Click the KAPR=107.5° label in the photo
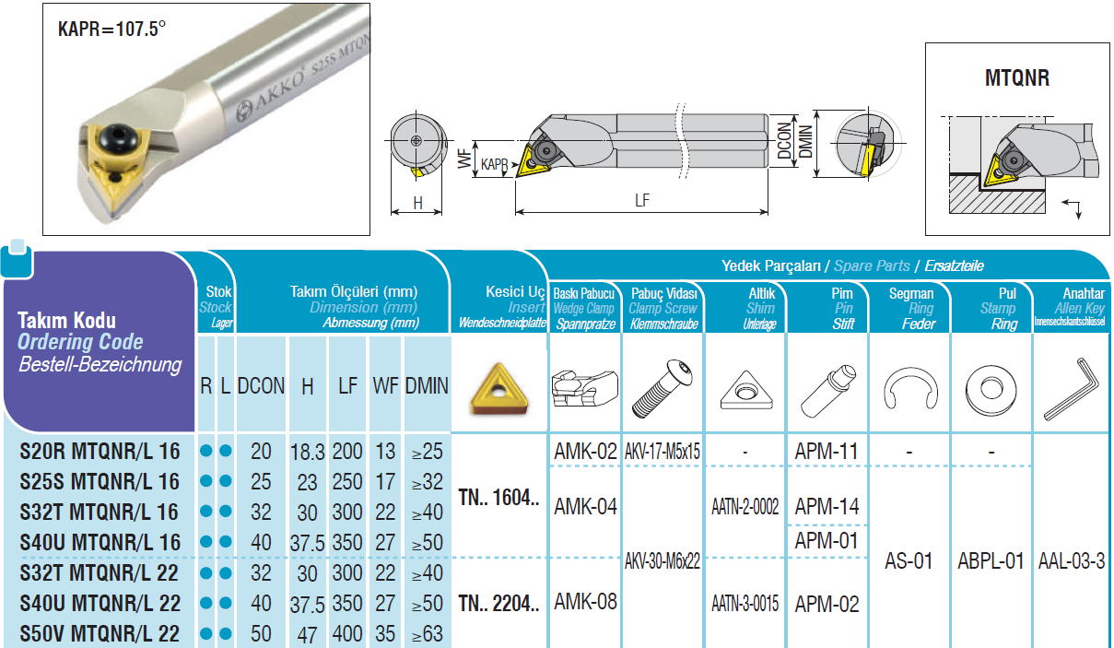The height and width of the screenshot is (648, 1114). click(111, 29)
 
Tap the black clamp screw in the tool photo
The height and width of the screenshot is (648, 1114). click(118, 138)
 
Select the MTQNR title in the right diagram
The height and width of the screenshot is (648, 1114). click(1017, 78)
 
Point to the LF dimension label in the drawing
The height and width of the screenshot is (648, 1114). click(642, 200)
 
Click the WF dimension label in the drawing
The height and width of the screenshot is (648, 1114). click(464, 159)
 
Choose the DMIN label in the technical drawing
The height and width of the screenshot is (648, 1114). click(805, 142)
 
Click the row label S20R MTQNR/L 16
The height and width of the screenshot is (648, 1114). click(100, 451)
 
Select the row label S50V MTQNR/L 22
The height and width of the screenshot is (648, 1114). click(100, 633)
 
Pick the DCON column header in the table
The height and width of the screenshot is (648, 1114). click(261, 385)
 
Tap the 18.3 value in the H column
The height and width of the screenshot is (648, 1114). click(307, 452)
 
